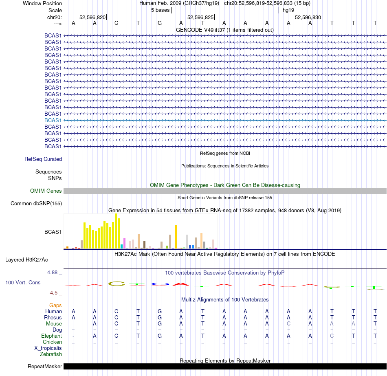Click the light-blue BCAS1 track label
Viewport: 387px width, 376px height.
[x=53, y=120]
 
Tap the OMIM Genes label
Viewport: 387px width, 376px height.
[x=46, y=191]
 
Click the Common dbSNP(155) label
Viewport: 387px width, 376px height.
[x=36, y=204]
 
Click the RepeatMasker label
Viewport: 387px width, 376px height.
[x=45, y=367]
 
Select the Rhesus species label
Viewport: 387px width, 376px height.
[x=53, y=318]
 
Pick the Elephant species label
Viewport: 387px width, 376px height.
[x=51, y=336]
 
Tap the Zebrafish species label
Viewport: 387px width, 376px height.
[x=51, y=354]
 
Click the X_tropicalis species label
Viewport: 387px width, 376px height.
[x=48, y=348]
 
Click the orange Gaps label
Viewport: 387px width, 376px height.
[x=55, y=305]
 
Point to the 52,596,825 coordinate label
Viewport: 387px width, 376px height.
[x=200, y=17]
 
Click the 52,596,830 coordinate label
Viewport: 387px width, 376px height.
[x=308, y=17]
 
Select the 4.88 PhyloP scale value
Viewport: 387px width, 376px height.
[x=55, y=273]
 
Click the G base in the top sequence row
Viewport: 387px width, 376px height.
[x=160, y=23]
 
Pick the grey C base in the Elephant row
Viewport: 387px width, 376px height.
[x=332, y=336]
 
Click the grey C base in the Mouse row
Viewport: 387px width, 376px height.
[x=288, y=324]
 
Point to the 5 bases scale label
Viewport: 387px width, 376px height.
[x=160, y=10]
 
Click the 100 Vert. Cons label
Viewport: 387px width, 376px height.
[x=23, y=282]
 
